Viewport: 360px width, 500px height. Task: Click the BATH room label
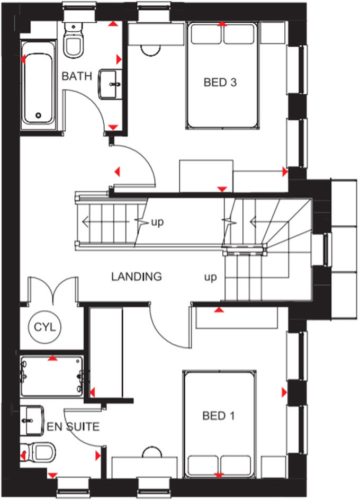tap(77, 76)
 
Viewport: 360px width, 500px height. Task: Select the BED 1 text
tap(218, 416)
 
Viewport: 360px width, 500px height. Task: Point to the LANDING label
tap(136, 276)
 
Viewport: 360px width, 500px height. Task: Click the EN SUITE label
tap(73, 426)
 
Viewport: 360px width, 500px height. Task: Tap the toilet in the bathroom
tap(73, 41)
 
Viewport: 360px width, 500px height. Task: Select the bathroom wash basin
tap(110, 83)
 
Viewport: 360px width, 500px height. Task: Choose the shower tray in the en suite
tap(51, 377)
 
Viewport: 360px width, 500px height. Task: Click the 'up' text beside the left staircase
tap(157, 221)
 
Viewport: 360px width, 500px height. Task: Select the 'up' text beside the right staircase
tap(211, 277)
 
